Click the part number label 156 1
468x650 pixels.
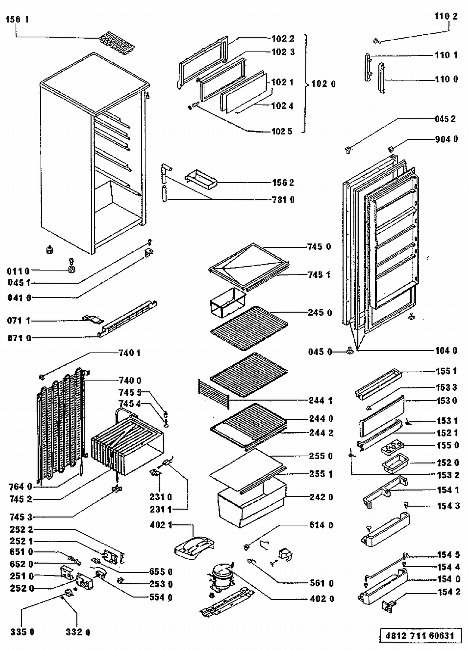pyautogui.click(x=17, y=19)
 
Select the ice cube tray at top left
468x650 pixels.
pyautogui.click(x=117, y=42)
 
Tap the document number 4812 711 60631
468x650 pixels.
pyautogui.click(x=420, y=635)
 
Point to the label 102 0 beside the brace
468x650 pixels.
pyautogui.click(x=323, y=84)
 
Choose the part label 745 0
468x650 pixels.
pyautogui.click(x=319, y=247)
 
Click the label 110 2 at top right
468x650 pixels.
pyautogui.click(x=446, y=16)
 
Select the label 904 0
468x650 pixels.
pyautogui.click(x=446, y=139)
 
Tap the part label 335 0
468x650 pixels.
pyautogui.click(x=22, y=632)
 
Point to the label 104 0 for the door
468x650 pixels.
pyautogui.click(x=446, y=351)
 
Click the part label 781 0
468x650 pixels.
pyautogui.click(x=283, y=199)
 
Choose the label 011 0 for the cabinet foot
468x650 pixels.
pyautogui.click(x=18, y=271)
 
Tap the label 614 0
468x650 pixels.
pyautogui.click(x=321, y=525)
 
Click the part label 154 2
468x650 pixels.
pyautogui.click(x=449, y=592)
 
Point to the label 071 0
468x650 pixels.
pyautogui.click(x=19, y=338)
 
